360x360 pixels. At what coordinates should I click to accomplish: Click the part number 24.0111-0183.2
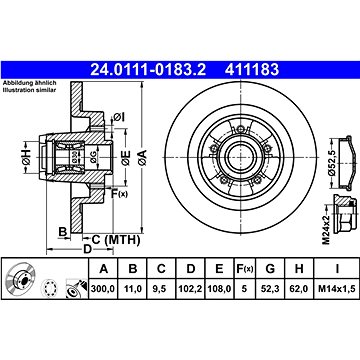pyautogui.click(x=148, y=70)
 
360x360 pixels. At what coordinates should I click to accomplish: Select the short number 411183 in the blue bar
pyautogui.click(x=252, y=70)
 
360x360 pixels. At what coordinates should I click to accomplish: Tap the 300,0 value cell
pyautogui.click(x=103, y=288)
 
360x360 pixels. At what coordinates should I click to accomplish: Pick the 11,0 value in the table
pyautogui.click(x=133, y=288)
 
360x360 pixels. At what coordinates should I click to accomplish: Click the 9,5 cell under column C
pyautogui.click(x=161, y=288)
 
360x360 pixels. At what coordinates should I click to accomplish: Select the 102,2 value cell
pyautogui.click(x=190, y=288)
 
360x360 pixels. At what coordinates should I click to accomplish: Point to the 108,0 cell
pyautogui.click(x=219, y=288)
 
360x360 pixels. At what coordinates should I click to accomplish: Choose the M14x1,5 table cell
pyautogui.click(x=337, y=288)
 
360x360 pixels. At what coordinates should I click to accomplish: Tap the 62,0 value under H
pyautogui.click(x=299, y=288)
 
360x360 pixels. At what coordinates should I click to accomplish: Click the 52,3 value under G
pyautogui.click(x=270, y=288)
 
